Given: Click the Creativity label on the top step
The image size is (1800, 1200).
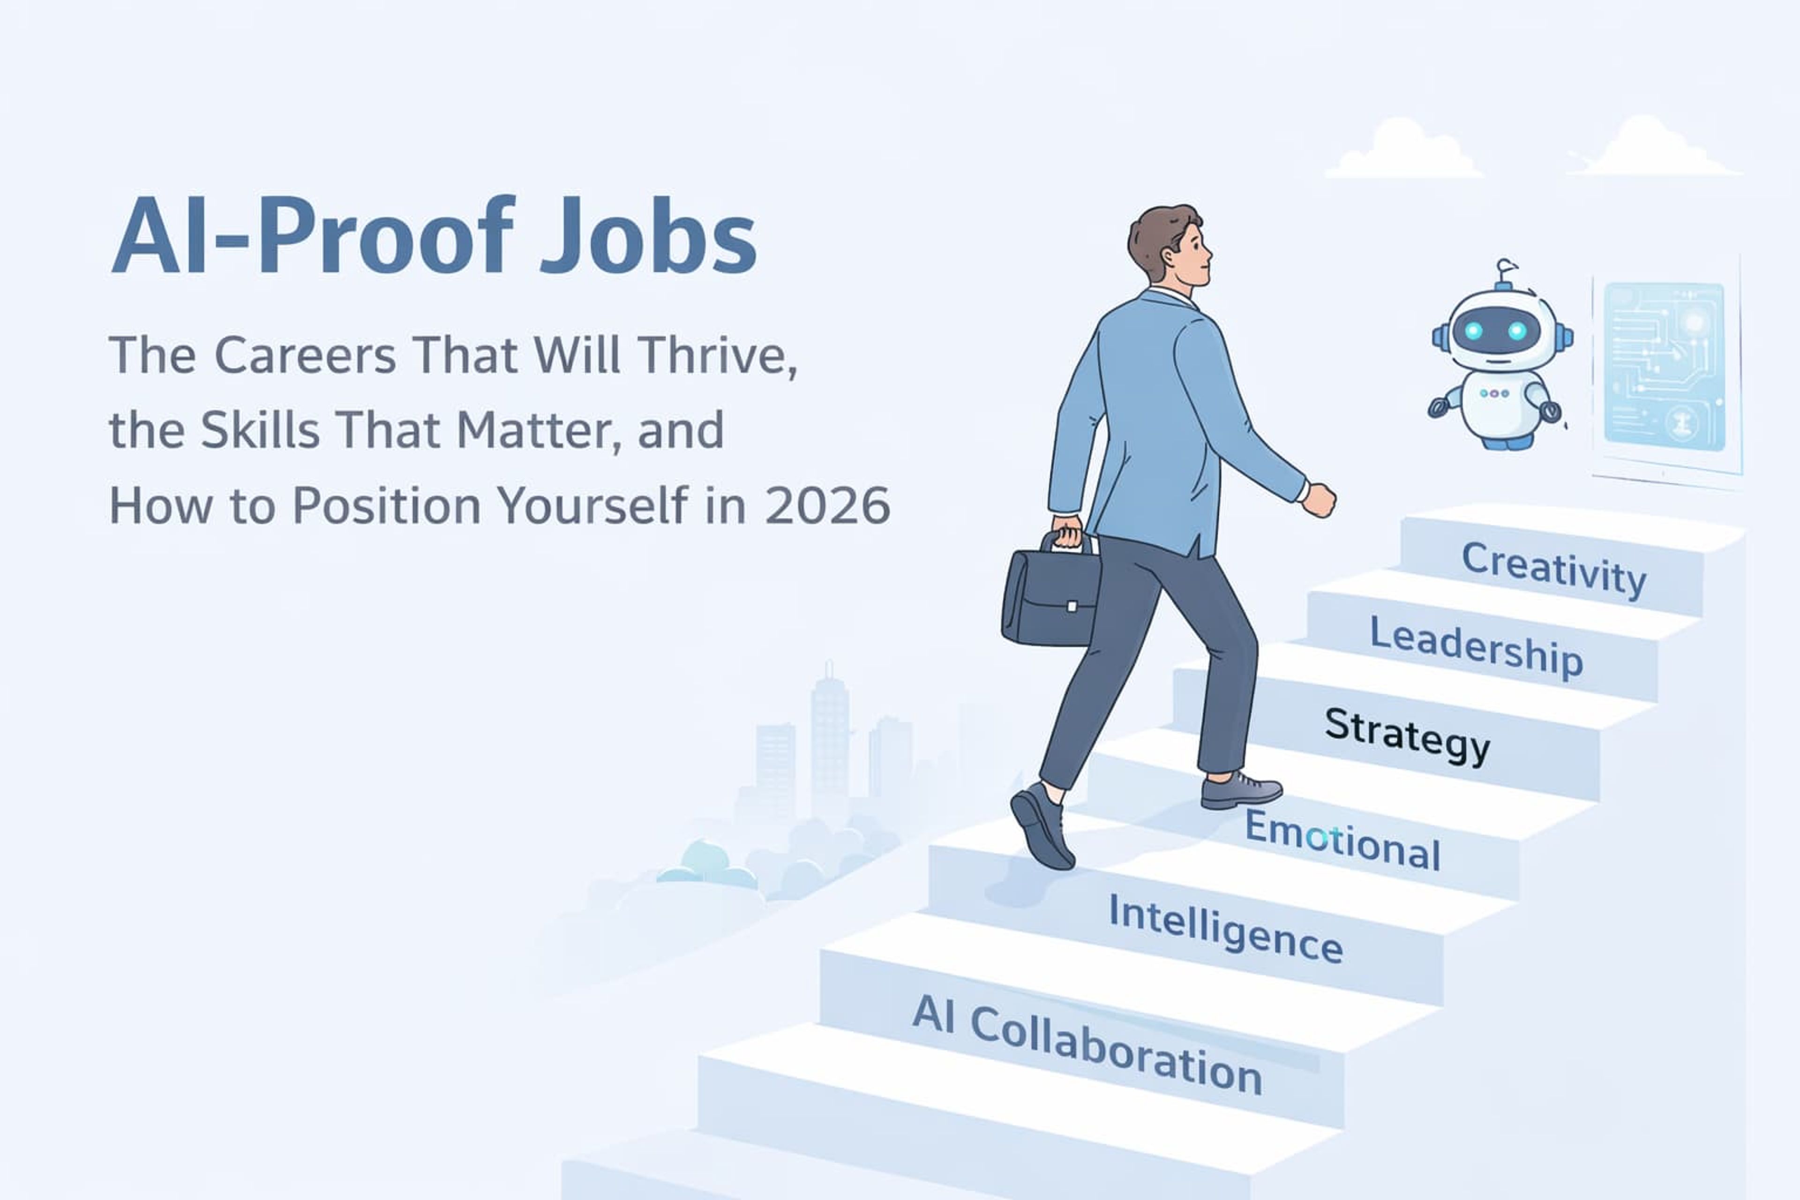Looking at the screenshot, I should pyautogui.click(x=1553, y=570).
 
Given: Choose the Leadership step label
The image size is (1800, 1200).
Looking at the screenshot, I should pyautogui.click(x=1476, y=647).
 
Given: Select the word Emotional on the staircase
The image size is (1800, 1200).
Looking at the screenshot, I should pyautogui.click(x=1342, y=840).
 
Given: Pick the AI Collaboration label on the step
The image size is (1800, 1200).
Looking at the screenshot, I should pyautogui.click(x=1087, y=1045).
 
